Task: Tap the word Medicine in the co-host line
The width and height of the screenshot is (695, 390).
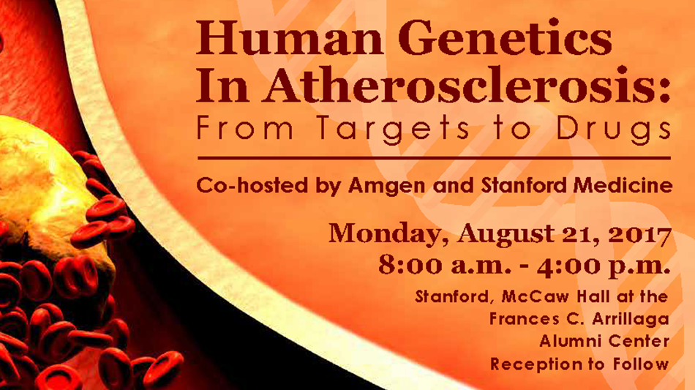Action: pos(623,185)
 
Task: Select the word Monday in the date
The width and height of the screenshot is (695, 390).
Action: pos(388,234)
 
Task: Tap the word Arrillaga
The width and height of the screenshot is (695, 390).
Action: pos(628,319)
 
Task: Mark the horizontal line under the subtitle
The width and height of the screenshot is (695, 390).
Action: pos(434,158)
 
